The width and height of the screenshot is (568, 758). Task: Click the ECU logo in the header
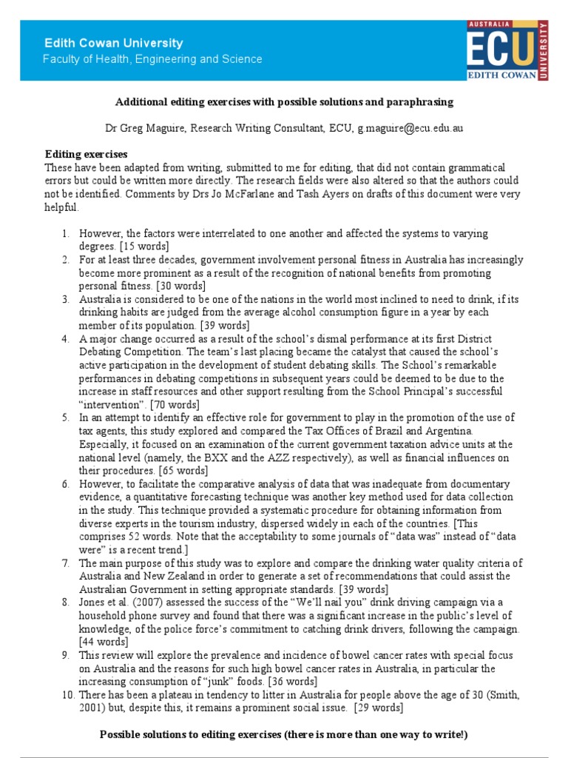point(507,50)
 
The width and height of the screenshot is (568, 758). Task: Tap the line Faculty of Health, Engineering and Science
point(152,59)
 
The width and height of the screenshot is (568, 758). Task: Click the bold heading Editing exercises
point(87,154)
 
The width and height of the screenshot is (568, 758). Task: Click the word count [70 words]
point(175,405)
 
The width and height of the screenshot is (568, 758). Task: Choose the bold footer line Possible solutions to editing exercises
point(284,734)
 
